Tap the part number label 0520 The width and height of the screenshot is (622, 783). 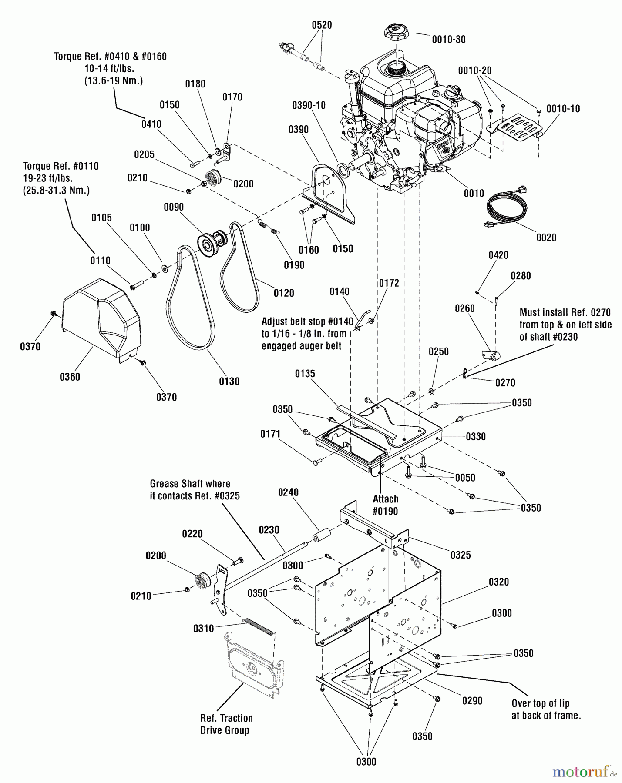(x=322, y=25)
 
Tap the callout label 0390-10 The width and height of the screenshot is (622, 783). (x=309, y=105)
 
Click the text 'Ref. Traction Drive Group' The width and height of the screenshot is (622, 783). (x=226, y=724)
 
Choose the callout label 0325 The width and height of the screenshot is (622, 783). (x=461, y=555)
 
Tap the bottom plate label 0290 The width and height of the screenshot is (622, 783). (x=472, y=701)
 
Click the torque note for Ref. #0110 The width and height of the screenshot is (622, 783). (x=61, y=178)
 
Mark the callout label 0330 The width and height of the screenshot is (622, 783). (x=476, y=436)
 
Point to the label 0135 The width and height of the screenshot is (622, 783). (x=305, y=374)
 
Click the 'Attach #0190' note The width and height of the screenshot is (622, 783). (x=385, y=505)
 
